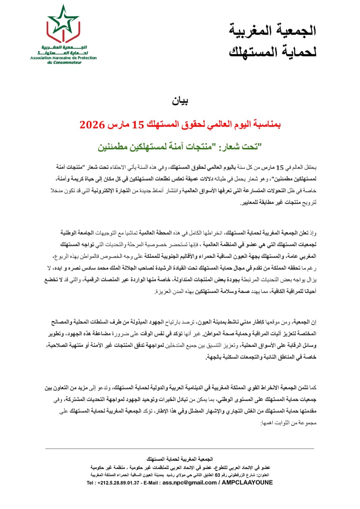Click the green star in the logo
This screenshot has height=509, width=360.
pyautogui.click(x=63, y=18)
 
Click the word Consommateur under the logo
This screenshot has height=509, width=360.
pyautogui.click(x=68, y=62)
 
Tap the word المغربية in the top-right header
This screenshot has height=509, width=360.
pyautogui.click(x=251, y=30)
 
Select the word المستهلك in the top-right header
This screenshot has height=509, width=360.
pyautogui.click(x=251, y=51)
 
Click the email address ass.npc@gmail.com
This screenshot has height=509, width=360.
pyautogui.click(x=189, y=483)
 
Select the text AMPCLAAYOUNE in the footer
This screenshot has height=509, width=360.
pyautogui.click(x=247, y=483)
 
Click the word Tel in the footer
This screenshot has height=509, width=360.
pyautogui.click(x=91, y=483)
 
